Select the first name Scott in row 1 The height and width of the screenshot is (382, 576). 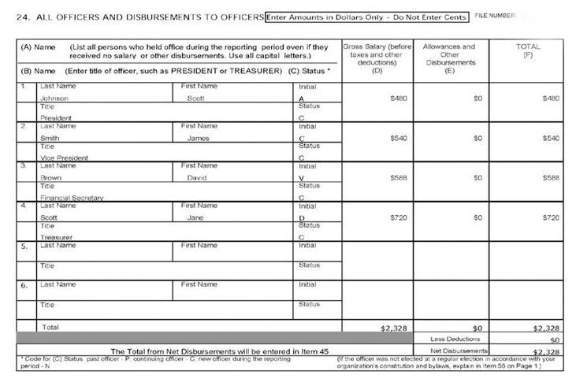195,98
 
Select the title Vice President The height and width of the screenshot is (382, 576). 64,158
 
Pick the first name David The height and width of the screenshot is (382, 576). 197,178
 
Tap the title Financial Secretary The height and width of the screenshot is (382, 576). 72,198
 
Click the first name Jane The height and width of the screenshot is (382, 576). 196,217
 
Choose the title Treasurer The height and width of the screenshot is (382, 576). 56,236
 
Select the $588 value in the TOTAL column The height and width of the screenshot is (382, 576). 551,178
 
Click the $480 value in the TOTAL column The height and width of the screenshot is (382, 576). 551,98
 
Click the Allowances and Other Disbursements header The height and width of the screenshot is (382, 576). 449,56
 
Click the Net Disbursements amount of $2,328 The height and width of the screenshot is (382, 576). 546,351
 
